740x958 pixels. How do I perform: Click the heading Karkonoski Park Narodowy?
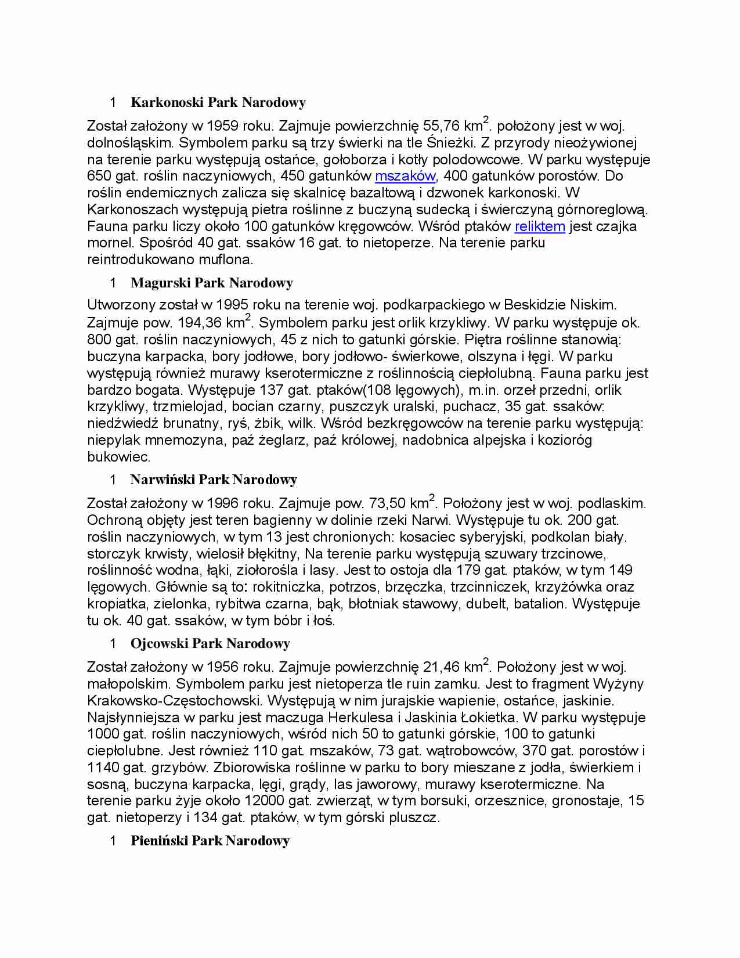coord(218,103)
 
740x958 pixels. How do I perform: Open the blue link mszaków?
coord(405,176)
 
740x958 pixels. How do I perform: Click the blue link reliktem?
coord(539,226)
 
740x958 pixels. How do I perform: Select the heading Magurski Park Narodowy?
coord(211,283)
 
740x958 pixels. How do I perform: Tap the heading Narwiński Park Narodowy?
coord(214,480)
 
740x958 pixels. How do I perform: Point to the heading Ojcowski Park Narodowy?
coord(210,643)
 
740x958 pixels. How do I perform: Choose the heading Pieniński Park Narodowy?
coord(210,841)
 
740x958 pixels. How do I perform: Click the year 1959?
coord(223,126)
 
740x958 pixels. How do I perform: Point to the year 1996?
coord(223,503)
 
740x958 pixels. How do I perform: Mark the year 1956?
coord(223,667)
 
